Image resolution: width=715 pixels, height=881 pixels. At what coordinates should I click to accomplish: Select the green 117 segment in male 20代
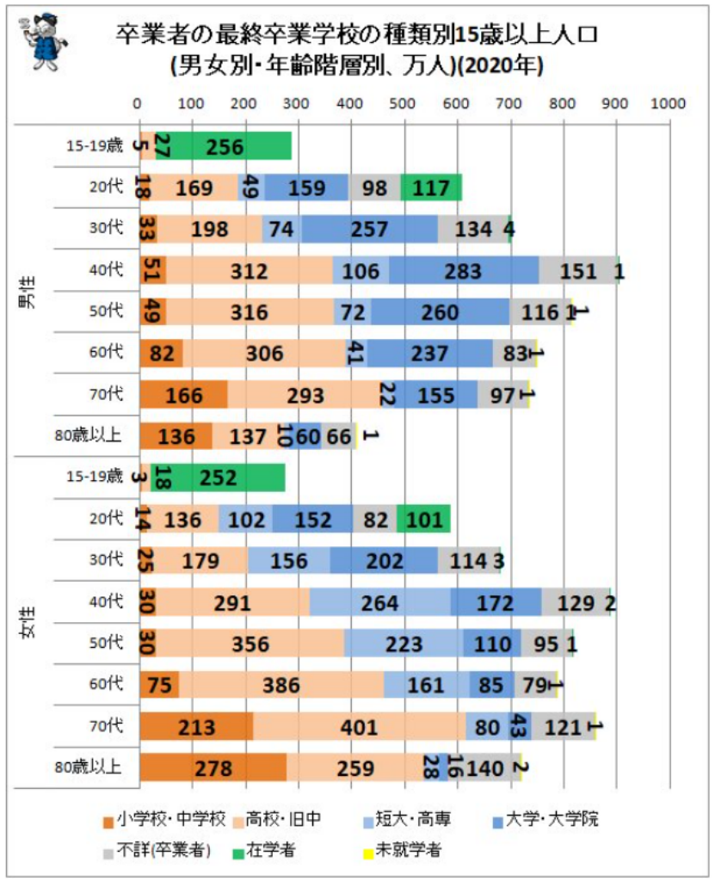click(432, 187)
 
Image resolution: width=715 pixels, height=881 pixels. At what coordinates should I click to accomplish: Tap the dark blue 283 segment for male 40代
click(465, 270)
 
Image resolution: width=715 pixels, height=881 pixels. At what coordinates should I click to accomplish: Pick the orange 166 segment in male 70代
click(182, 395)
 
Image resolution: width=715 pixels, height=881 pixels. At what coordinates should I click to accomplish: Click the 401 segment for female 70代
click(360, 727)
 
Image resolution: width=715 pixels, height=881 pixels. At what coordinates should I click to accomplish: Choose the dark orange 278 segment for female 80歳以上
click(213, 768)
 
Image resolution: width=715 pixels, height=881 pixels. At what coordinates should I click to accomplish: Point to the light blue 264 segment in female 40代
click(379, 602)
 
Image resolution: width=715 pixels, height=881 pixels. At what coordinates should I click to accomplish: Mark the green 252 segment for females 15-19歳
click(219, 477)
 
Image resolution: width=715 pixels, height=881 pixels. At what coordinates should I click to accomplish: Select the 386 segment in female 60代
click(281, 686)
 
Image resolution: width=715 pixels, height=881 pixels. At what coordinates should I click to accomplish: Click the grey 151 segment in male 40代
click(578, 270)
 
